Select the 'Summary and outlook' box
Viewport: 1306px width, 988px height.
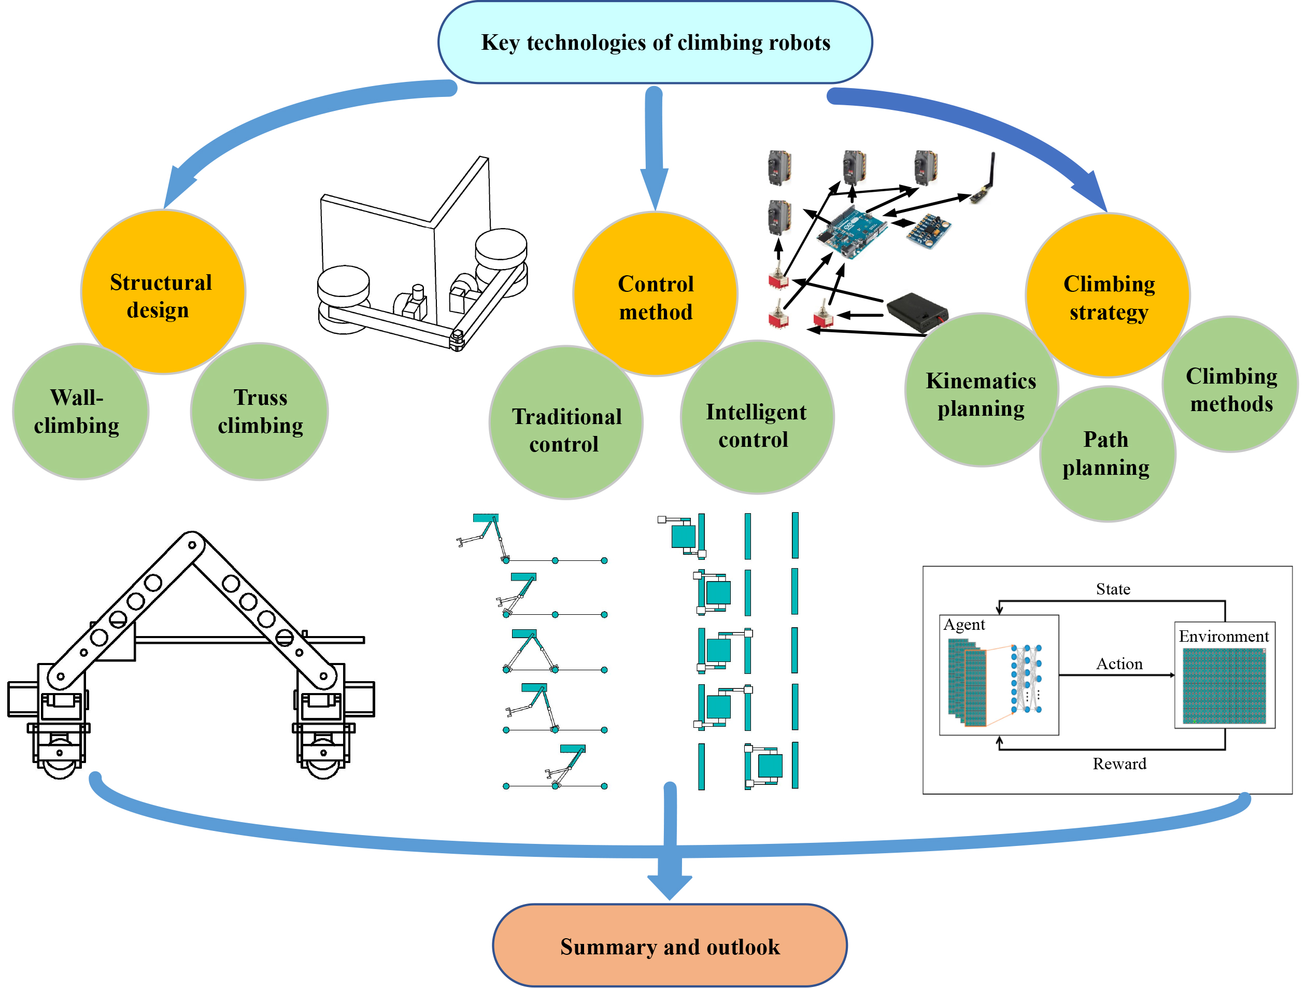click(670, 946)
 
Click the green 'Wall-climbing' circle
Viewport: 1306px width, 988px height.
click(80, 412)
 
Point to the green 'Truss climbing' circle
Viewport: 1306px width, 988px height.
click(260, 412)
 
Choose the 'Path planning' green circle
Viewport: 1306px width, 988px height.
click(1107, 454)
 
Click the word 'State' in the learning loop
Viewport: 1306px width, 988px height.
click(1113, 589)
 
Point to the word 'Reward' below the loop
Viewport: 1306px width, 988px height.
click(1119, 764)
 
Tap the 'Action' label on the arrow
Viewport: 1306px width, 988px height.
click(1119, 664)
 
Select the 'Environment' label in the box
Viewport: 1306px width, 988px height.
click(1224, 636)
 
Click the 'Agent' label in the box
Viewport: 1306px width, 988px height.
click(963, 625)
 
